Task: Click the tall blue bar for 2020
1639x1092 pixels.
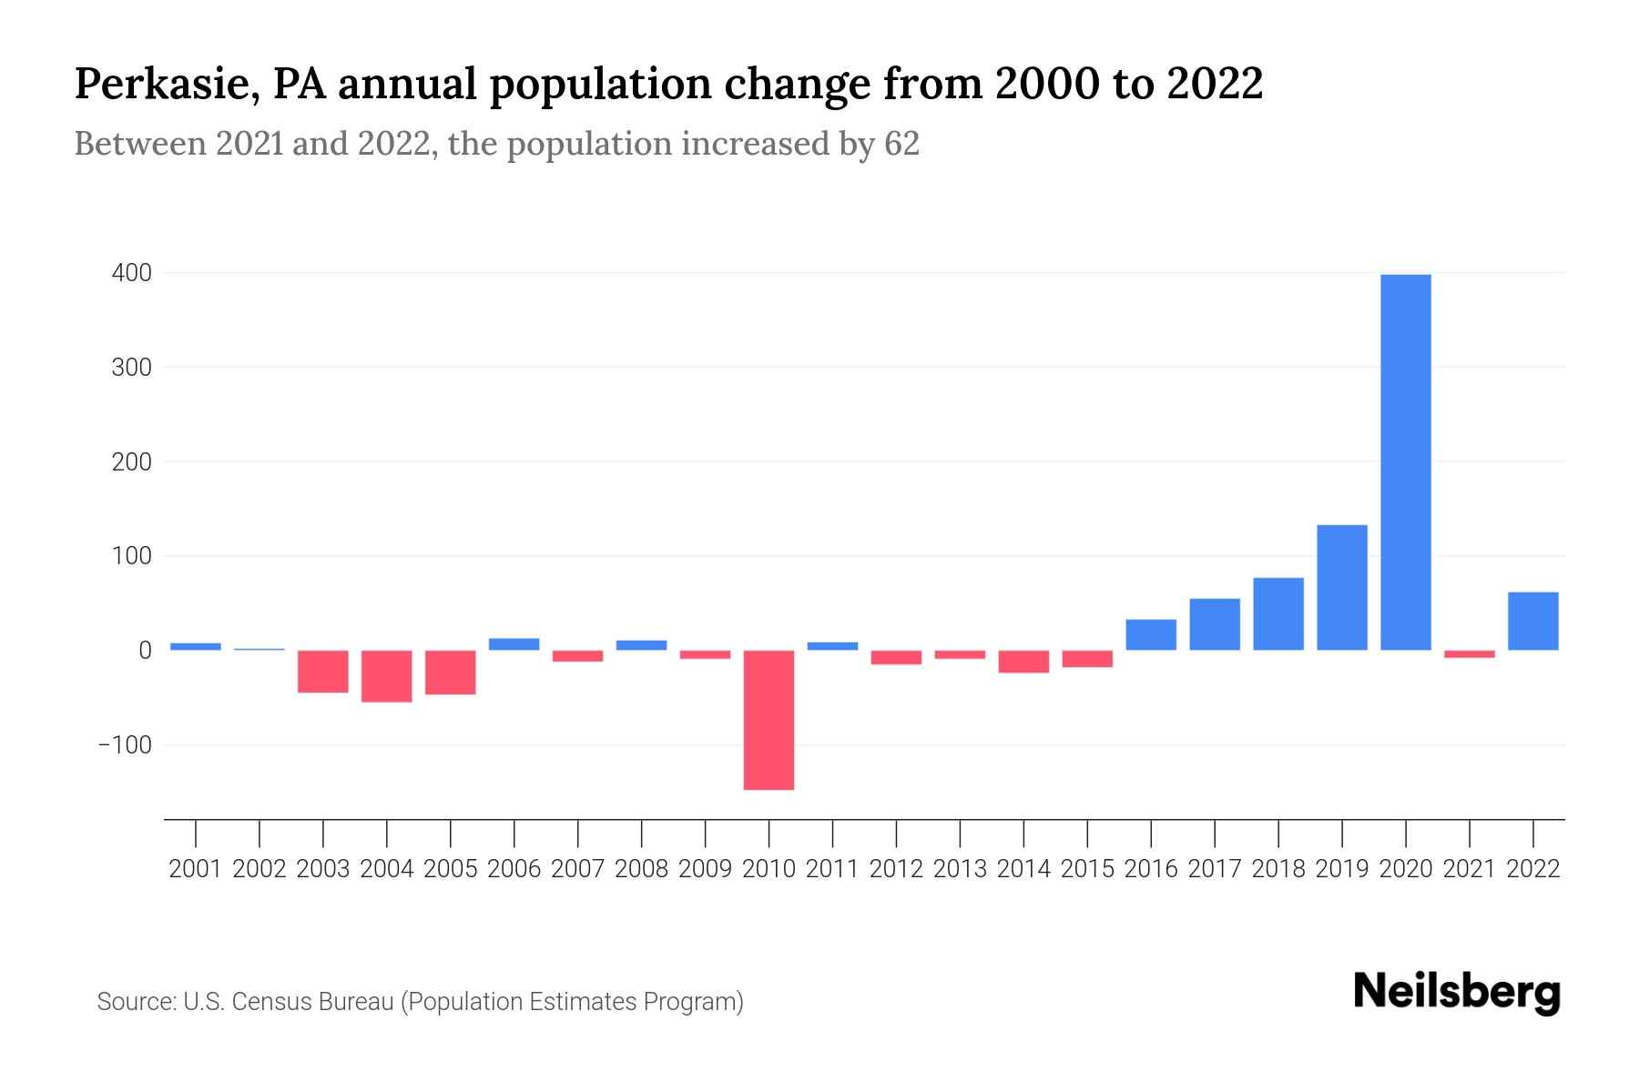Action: pyautogui.click(x=1405, y=462)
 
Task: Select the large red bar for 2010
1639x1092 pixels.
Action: pyautogui.click(x=769, y=720)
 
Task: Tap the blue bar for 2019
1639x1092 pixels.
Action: pyautogui.click(x=1341, y=588)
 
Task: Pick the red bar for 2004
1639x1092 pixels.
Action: pyautogui.click(x=387, y=676)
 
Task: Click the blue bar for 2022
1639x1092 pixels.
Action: pyautogui.click(x=1532, y=622)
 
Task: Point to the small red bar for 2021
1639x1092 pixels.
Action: pyautogui.click(x=1469, y=654)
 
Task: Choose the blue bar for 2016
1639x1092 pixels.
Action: pyautogui.click(x=1151, y=635)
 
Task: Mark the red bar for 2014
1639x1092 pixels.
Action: pyautogui.click(x=1023, y=662)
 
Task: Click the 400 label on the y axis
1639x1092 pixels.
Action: pyautogui.click(x=132, y=273)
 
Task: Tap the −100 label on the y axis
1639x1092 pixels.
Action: pyautogui.click(x=125, y=745)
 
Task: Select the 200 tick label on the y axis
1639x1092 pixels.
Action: pyautogui.click(x=132, y=462)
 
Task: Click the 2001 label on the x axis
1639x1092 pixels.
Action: pyautogui.click(x=196, y=869)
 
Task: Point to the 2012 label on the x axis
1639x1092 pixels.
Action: pyautogui.click(x=896, y=869)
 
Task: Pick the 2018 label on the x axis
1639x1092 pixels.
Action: pyautogui.click(x=1278, y=869)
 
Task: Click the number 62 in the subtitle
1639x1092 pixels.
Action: pyautogui.click(x=901, y=144)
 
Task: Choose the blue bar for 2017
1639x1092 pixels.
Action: pyautogui.click(x=1215, y=624)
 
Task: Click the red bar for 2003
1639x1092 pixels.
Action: pyautogui.click(x=323, y=672)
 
